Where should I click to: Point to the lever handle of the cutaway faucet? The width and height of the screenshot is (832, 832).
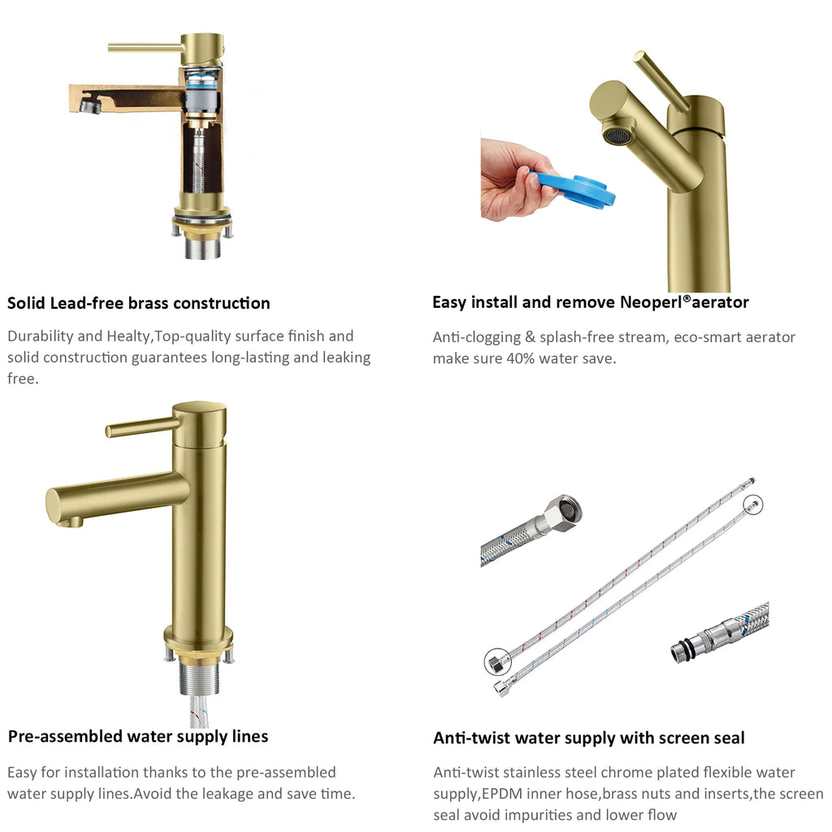pyautogui.click(x=145, y=48)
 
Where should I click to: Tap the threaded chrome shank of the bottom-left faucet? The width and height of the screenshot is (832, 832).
pyautogui.click(x=199, y=677)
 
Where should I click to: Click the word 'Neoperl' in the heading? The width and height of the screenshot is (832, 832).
pyautogui.click(x=651, y=302)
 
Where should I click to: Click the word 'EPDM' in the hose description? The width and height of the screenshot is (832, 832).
pyautogui.click(x=504, y=794)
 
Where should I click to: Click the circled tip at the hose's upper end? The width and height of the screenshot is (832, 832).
pyautogui.click(x=752, y=505)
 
